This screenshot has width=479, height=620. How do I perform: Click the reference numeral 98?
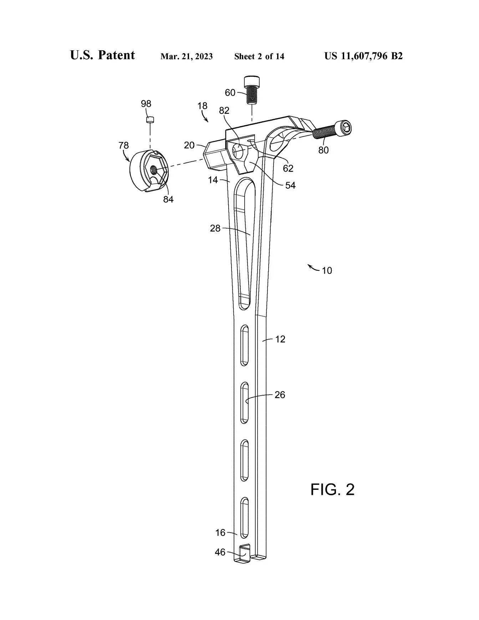point(146,104)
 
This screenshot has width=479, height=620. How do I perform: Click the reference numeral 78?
point(124,146)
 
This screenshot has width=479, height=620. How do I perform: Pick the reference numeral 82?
point(224,111)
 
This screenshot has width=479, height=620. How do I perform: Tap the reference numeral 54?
point(291,185)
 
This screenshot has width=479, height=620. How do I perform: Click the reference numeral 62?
point(288,168)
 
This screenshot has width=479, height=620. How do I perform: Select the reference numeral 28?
point(215,228)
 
